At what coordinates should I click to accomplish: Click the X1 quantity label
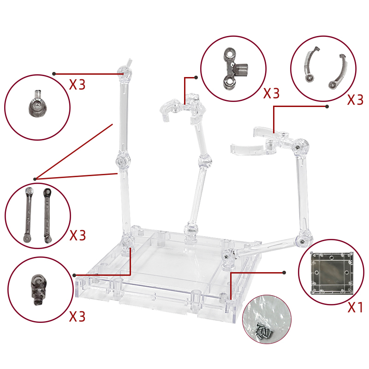355,307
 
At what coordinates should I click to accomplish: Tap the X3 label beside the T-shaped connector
271,93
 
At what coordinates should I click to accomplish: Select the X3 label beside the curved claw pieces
355,100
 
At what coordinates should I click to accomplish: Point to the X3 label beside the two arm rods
77,235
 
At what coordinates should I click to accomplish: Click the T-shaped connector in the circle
235,69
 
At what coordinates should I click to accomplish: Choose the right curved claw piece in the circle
339,71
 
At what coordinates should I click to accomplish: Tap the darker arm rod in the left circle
47,215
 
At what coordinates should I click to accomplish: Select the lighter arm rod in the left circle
28,215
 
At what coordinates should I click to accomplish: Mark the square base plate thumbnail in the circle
332,273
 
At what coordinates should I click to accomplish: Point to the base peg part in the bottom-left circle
38,290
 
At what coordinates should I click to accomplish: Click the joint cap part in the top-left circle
37,104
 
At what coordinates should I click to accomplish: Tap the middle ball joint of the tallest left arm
123,161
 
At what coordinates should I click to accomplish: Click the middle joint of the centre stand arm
205,161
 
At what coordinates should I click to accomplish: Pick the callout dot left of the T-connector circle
196,77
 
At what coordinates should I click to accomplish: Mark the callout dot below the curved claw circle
327,107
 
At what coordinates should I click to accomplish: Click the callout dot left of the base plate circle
284,273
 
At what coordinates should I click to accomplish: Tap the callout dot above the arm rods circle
35,179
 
